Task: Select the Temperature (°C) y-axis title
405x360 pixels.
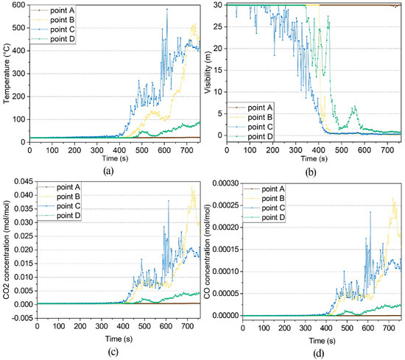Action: (6, 72)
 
